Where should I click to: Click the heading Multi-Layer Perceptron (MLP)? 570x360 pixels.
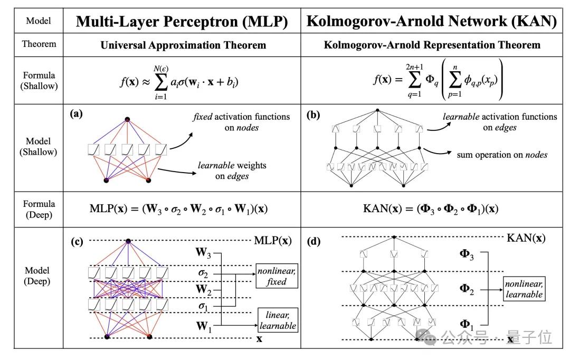(x=182, y=21)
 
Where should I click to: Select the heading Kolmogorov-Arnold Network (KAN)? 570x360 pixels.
(x=432, y=21)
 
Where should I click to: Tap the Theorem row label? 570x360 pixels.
(x=39, y=44)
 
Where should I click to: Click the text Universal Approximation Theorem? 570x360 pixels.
(x=183, y=45)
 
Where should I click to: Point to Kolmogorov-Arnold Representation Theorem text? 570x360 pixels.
(x=432, y=45)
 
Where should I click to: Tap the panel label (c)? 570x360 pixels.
(x=77, y=242)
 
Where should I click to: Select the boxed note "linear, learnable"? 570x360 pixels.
(x=277, y=320)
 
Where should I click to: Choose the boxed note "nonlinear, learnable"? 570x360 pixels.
(x=524, y=289)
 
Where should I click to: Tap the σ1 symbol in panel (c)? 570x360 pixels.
(x=203, y=306)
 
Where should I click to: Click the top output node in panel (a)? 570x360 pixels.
(x=127, y=119)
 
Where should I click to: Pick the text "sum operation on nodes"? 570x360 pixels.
(x=501, y=155)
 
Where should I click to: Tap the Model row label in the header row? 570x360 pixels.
(x=39, y=21)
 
